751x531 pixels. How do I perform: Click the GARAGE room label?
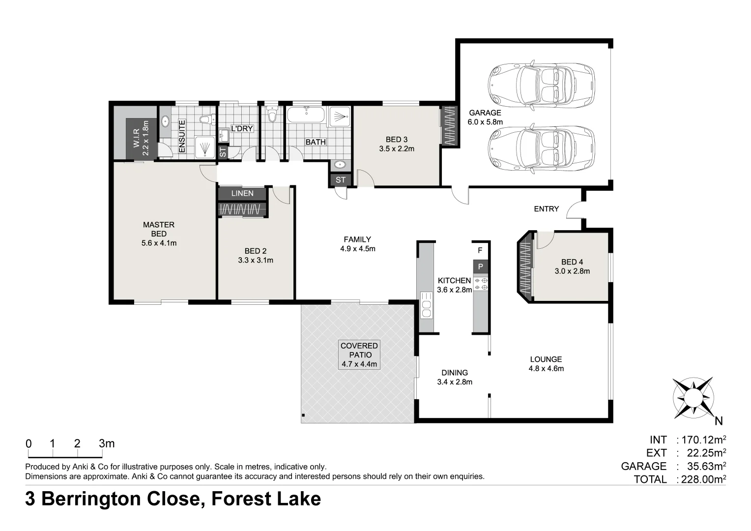(x=485, y=113)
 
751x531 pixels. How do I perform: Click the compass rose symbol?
(x=693, y=397)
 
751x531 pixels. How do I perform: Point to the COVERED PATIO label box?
(x=359, y=355)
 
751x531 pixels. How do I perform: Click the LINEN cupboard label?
(x=242, y=193)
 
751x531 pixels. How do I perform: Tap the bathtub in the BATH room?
(x=306, y=116)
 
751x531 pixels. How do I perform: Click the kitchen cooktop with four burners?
(x=481, y=283)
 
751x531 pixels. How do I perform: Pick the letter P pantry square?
(x=481, y=267)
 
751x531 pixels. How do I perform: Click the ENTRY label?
(x=546, y=209)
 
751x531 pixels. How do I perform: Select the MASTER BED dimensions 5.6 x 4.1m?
(x=159, y=243)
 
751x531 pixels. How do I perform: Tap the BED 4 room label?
(x=572, y=262)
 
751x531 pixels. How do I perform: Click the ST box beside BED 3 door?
(x=341, y=180)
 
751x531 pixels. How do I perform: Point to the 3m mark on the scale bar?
(x=107, y=443)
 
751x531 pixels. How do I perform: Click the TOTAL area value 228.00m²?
(x=703, y=479)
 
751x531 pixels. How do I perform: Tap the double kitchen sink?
(x=426, y=304)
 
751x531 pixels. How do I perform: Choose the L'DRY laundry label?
(x=242, y=128)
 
